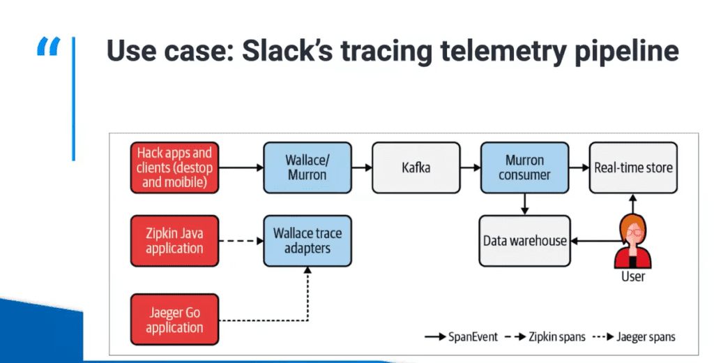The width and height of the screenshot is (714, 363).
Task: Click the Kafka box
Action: (x=416, y=168)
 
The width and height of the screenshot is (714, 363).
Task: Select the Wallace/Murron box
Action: (x=307, y=168)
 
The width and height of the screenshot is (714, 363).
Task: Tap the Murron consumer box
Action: (x=524, y=168)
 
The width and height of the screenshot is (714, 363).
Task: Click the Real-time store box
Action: (x=633, y=168)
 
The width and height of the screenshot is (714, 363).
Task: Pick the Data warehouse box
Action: (x=524, y=241)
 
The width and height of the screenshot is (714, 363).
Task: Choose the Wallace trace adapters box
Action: (x=307, y=241)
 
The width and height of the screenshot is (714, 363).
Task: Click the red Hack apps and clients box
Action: (x=175, y=168)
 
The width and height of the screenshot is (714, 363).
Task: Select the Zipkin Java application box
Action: (x=175, y=241)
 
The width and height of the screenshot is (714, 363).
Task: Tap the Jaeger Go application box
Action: (x=175, y=318)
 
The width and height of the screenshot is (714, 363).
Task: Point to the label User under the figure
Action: (x=632, y=277)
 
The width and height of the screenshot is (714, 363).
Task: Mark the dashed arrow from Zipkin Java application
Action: (x=241, y=242)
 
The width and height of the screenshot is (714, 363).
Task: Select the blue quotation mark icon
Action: (x=48, y=48)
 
